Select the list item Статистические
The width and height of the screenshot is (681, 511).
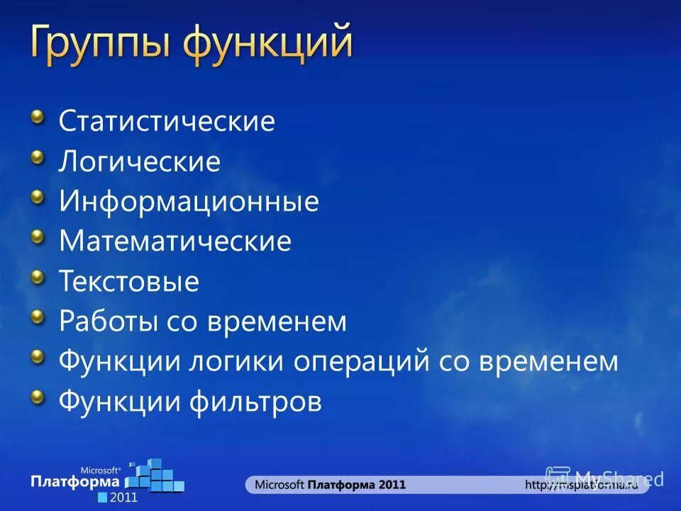pos(167,121)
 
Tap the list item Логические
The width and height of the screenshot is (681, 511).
pos(140,162)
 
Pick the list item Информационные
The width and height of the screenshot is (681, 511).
pos(189,202)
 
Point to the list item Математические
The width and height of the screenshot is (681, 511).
pos(175,242)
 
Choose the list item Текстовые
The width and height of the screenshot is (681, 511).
pos(129,282)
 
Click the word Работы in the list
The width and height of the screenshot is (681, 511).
pos(109,322)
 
